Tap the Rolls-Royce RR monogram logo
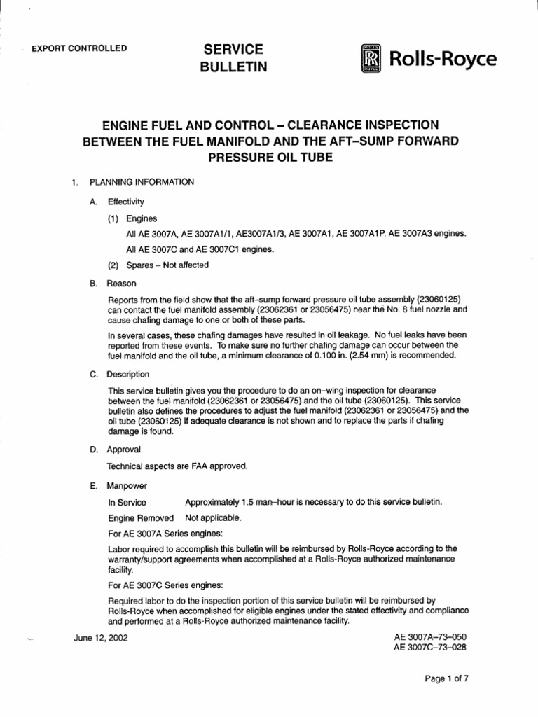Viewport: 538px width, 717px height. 371,58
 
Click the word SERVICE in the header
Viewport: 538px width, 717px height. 233,48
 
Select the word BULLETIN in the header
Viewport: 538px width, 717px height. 234,67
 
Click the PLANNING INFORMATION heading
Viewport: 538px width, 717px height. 142,182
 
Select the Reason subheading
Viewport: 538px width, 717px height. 121,284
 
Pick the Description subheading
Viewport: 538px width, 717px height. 127,374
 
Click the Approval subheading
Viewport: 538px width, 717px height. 123,449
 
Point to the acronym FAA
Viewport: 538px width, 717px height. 185,466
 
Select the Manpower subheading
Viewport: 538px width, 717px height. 127,485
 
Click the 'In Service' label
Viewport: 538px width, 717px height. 127,502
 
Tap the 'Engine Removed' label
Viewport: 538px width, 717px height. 140,518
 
